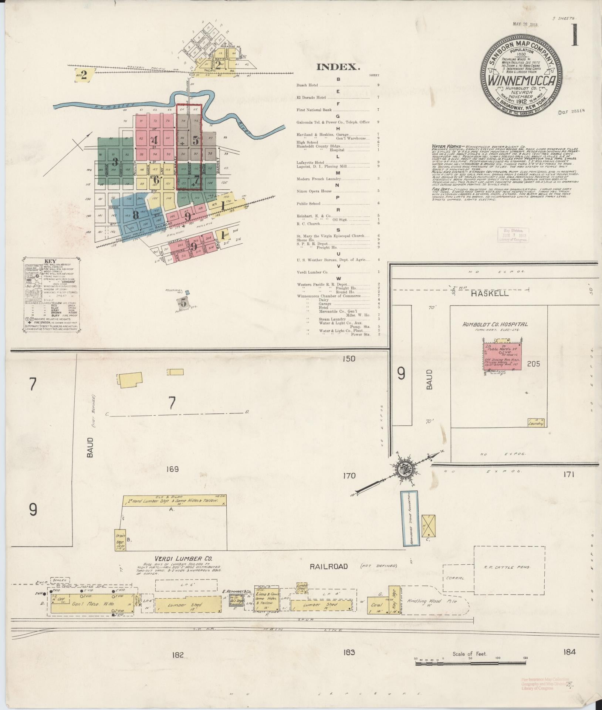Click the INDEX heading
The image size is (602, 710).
coord(338,67)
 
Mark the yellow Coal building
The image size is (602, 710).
coord(377,605)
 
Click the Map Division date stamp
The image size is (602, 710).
coord(515,234)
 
